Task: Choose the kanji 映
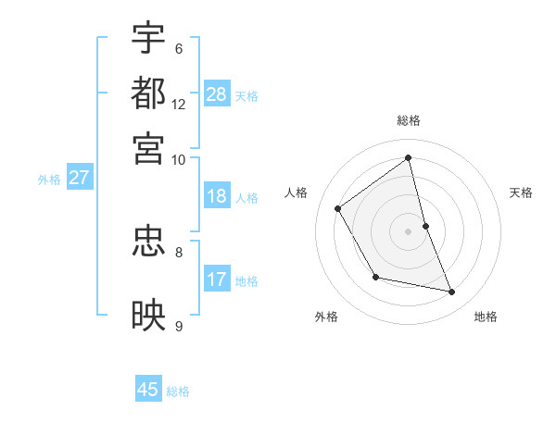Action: tap(149, 315)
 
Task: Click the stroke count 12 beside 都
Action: tap(178, 105)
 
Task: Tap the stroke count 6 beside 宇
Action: tap(178, 49)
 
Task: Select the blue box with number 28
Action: tap(217, 93)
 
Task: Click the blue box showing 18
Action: tap(217, 196)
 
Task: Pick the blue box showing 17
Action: tap(217, 279)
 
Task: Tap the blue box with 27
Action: tap(79, 178)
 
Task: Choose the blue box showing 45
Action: tap(148, 390)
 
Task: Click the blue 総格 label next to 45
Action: tap(178, 391)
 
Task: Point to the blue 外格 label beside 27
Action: tap(49, 180)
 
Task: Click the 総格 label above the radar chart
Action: tap(409, 120)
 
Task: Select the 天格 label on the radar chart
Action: tap(522, 193)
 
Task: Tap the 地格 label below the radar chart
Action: tap(486, 317)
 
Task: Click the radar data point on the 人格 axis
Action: tap(338, 208)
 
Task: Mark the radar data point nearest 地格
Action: tap(452, 292)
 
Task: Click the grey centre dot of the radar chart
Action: tap(409, 231)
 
